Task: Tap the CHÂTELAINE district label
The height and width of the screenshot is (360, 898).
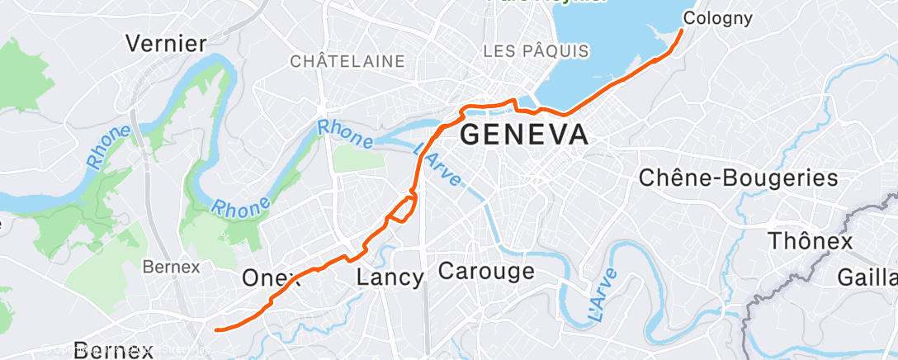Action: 347,61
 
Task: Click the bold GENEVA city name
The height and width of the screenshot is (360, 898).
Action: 524,135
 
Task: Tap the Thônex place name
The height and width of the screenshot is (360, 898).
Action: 810,241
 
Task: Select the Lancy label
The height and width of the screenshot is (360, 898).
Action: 390,277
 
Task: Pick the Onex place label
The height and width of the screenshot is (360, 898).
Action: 269,278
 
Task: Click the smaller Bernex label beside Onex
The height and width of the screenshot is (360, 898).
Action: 172,267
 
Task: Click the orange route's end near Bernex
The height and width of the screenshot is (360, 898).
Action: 215,329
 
